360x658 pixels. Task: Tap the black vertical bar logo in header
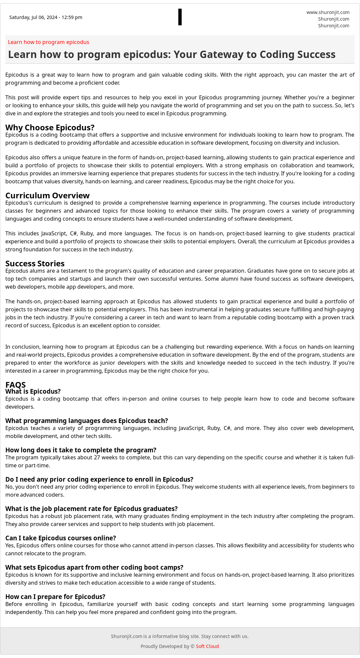[x=180, y=17]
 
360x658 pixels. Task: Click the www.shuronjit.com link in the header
[x=328, y=12]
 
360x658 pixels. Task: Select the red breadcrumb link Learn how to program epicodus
[x=49, y=42]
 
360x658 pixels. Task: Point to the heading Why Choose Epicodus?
[x=50, y=127]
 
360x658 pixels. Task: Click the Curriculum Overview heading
[x=47, y=195]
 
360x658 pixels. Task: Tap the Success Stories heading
[x=35, y=263]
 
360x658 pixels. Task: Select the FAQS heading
[x=15, y=385]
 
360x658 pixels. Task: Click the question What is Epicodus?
[x=33, y=391]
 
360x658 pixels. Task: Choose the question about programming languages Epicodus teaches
[x=87, y=421]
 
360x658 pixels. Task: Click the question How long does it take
[x=81, y=450]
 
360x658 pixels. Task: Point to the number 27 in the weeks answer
[x=97, y=457]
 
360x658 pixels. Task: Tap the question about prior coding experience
[x=99, y=479]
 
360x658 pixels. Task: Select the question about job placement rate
[x=91, y=509]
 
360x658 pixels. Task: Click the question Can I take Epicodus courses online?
[x=61, y=538]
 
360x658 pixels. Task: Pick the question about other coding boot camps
[x=94, y=567]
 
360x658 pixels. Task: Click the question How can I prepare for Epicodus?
[x=55, y=597]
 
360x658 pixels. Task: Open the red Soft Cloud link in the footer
[x=207, y=646]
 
